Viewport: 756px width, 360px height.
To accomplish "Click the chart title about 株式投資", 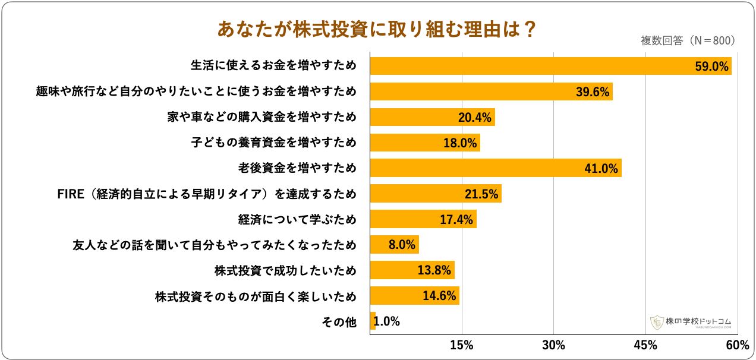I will [x=377, y=29].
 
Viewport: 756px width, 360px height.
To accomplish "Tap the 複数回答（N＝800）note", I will [x=688, y=41].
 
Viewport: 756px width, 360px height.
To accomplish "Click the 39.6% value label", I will [x=594, y=92].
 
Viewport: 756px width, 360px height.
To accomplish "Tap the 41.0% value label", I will [x=602, y=169].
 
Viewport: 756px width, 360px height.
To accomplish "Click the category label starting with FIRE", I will [x=206, y=194].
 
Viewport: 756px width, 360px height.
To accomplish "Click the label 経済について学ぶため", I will [x=298, y=220].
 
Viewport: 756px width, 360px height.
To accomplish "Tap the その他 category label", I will [x=339, y=322].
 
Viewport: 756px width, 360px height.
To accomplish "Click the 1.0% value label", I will [x=387, y=321].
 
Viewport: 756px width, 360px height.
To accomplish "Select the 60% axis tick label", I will [x=737, y=345].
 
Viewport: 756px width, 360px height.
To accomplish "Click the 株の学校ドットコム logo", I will [x=691, y=322].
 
